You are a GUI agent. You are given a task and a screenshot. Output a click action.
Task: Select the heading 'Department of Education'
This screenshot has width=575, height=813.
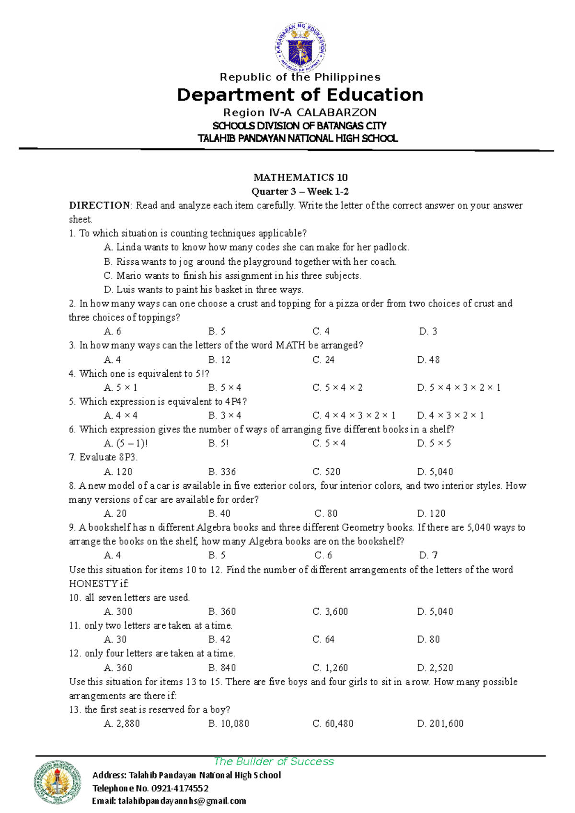pyautogui.click(x=300, y=95)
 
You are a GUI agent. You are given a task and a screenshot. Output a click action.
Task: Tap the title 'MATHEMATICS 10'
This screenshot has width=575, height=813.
pyautogui.click(x=300, y=178)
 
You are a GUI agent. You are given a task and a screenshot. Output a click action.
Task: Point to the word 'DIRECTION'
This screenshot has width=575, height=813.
pyautogui.click(x=99, y=205)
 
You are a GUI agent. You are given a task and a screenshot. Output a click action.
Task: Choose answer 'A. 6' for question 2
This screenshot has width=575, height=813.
pyautogui.click(x=113, y=331)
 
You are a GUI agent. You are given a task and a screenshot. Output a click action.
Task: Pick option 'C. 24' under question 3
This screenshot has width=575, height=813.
pyautogui.click(x=323, y=360)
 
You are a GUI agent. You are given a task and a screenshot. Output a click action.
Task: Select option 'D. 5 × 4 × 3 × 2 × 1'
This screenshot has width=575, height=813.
pyautogui.click(x=459, y=387)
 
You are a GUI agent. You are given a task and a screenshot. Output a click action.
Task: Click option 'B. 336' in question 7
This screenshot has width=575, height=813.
pyautogui.click(x=222, y=472)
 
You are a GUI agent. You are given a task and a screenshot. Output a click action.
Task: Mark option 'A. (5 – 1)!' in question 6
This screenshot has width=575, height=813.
pyautogui.click(x=126, y=443)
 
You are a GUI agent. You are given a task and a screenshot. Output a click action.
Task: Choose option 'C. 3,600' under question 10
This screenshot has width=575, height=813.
pyautogui.click(x=330, y=611)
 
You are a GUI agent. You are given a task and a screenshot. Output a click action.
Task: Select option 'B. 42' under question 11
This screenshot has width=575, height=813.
pyautogui.click(x=219, y=639)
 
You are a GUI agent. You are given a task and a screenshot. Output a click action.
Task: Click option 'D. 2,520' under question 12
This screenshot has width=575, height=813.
pyautogui.click(x=435, y=667)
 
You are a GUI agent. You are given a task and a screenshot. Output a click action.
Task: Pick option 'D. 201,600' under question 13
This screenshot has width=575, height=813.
pyautogui.click(x=440, y=723)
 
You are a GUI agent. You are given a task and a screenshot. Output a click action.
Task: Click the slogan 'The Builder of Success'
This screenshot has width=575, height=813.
pyautogui.click(x=274, y=761)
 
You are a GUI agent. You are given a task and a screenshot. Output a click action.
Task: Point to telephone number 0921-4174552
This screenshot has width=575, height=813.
pyautogui.click(x=180, y=788)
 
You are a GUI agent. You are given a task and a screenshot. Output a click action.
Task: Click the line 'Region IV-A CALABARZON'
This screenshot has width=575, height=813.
pyautogui.click(x=300, y=113)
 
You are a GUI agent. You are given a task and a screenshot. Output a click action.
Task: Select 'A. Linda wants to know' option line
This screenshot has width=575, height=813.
pyautogui.click(x=256, y=248)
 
